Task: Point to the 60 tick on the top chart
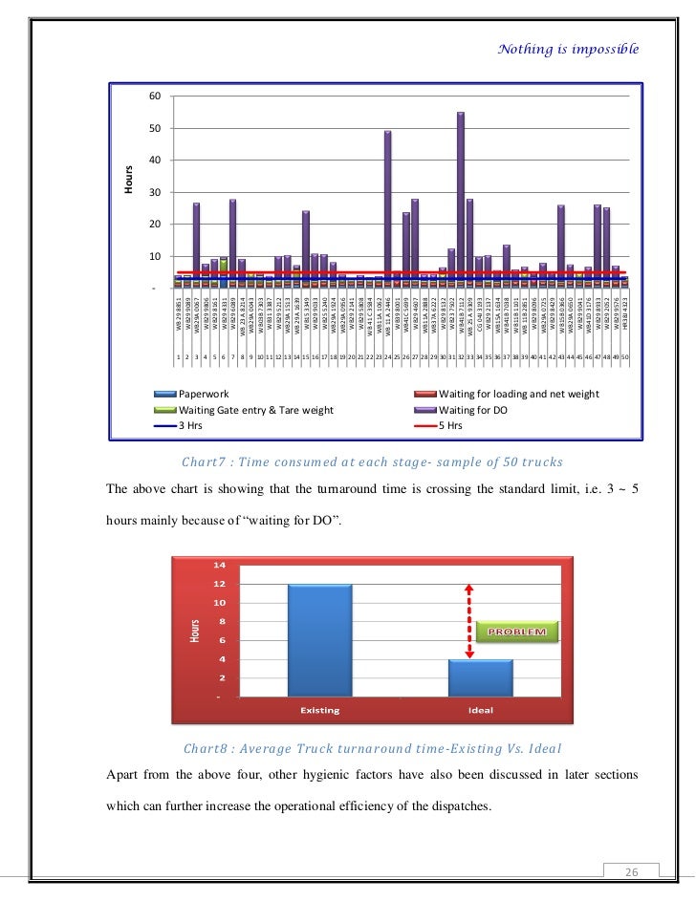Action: (154, 97)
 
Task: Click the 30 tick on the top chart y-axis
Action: (154, 193)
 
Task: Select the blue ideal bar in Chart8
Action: (481, 677)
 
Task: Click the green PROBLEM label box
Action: (518, 632)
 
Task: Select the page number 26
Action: (631, 871)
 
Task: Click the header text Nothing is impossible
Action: (568, 48)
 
